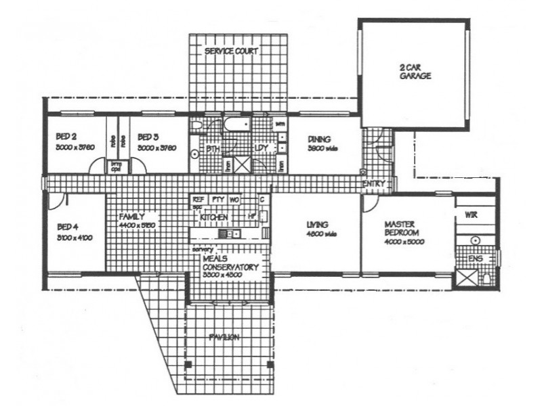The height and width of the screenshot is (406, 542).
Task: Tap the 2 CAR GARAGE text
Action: point(415,71)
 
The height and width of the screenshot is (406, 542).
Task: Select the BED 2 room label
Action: point(66,135)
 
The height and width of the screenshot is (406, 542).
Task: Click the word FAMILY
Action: point(131,217)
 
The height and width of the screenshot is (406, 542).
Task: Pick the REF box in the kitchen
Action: point(199,200)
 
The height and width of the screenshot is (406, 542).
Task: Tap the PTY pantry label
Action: point(217,200)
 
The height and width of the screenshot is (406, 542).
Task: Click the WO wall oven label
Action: point(234,200)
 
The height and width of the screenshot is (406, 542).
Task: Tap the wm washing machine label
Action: point(280,125)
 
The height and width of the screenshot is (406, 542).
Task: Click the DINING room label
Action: point(318,139)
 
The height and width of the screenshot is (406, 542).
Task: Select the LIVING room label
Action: point(317,224)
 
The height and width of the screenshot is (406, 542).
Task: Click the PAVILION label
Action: point(224,337)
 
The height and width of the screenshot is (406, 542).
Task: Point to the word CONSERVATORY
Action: point(231,267)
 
